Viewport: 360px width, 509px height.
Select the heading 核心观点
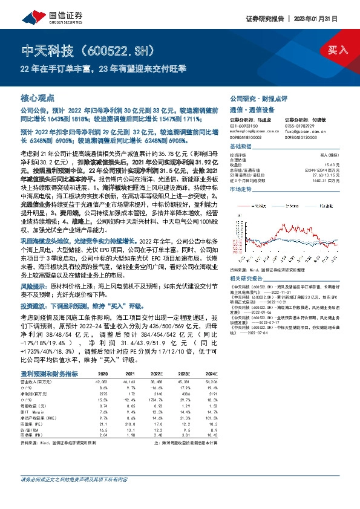coord(38,97)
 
